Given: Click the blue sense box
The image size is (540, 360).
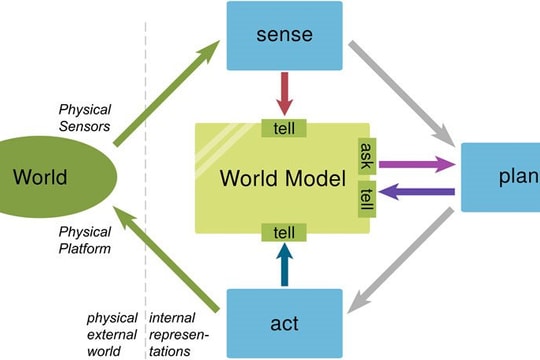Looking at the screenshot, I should point(285,36).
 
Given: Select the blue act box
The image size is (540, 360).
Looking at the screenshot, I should point(285,323).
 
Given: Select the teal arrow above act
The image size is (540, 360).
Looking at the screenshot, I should point(285,265).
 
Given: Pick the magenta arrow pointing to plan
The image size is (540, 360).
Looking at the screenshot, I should point(415,161).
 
